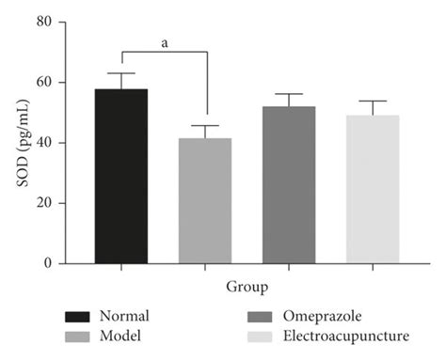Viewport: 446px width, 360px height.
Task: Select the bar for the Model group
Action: click(x=205, y=201)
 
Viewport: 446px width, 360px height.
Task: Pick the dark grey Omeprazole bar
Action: click(x=289, y=185)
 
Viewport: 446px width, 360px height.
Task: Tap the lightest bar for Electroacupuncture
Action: click(x=373, y=190)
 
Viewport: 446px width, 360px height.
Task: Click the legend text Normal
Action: click(x=129, y=317)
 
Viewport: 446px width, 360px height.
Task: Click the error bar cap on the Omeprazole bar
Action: click(x=289, y=94)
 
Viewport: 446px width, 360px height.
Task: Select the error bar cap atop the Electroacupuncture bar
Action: click(x=373, y=101)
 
